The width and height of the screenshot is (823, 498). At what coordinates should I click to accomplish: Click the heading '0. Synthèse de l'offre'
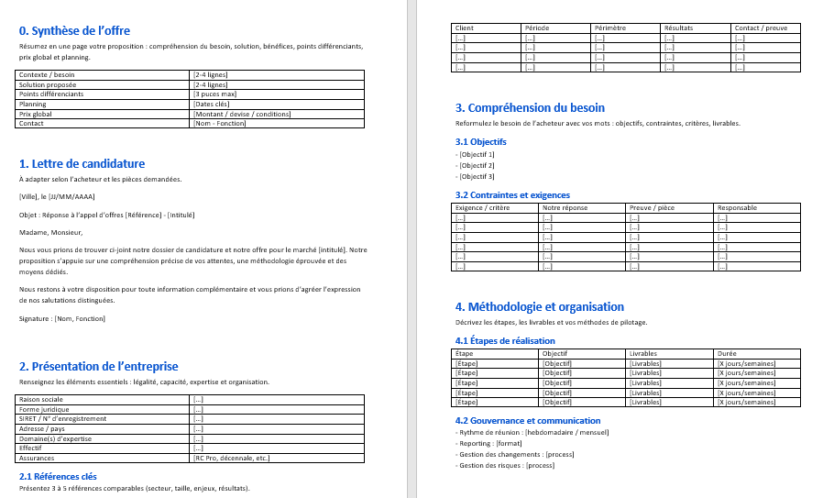[x=74, y=30]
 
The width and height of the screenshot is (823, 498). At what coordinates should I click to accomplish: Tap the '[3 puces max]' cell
[x=215, y=94]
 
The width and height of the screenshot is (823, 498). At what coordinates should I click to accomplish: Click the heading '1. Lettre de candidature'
[x=82, y=164]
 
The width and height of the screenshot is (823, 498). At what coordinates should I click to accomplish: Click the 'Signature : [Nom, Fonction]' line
[x=62, y=318]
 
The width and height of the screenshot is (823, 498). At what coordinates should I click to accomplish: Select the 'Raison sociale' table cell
[x=41, y=399]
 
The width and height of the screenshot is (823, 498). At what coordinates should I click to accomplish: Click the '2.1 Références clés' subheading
[x=58, y=476]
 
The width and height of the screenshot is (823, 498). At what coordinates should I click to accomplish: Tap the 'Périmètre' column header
[x=610, y=28]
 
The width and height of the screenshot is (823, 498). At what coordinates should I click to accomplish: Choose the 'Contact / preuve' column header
[x=761, y=28]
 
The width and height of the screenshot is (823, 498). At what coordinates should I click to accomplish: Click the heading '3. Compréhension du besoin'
[x=530, y=108]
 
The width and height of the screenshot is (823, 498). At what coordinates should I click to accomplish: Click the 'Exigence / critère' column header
[x=482, y=207]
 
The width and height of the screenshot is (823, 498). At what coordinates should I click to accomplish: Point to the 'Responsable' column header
[x=737, y=207]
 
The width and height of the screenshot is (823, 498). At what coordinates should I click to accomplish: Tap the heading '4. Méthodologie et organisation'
[x=539, y=306]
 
